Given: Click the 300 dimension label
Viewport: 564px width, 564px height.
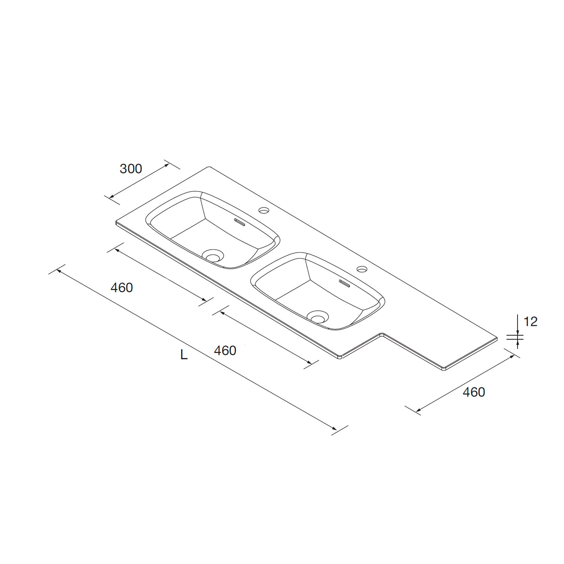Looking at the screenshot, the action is [131, 169].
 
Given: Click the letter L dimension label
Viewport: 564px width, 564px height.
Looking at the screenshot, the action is [184, 354].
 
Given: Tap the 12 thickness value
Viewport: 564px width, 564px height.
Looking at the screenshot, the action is [530, 321].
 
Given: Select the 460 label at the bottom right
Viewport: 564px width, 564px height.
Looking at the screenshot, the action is [474, 392].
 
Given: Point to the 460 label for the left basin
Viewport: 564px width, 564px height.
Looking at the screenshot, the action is [122, 288].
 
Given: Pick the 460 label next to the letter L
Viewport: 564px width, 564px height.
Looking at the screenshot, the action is [225, 351].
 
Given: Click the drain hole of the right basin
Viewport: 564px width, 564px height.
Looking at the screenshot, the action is [318, 317].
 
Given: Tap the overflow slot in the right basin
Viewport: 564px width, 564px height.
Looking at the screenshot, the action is [345, 283].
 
